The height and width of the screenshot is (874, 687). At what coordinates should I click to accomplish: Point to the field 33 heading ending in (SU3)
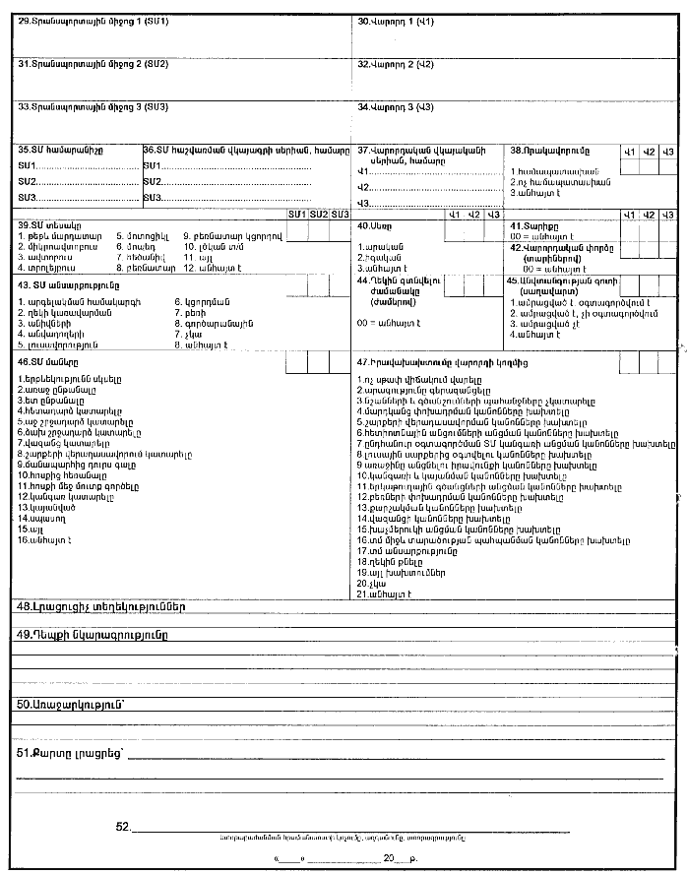click(x=94, y=106)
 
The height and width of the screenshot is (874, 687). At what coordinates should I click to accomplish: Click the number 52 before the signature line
click(x=123, y=827)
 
